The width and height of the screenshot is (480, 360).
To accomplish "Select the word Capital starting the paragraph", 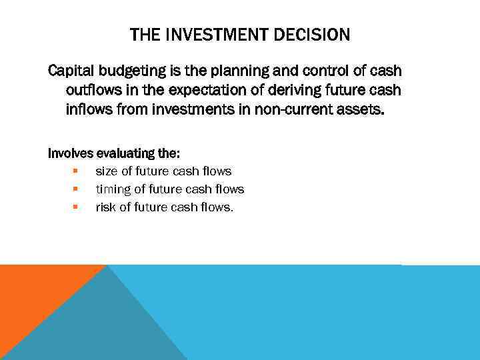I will (x=71, y=71).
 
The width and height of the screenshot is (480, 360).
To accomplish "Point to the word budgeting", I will (x=128, y=71).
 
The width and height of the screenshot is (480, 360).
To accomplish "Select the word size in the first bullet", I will (x=107, y=171).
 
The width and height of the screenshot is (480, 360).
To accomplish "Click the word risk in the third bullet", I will (x=107, y=207).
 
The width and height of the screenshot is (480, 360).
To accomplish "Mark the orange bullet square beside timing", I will (x=76, y=189).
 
